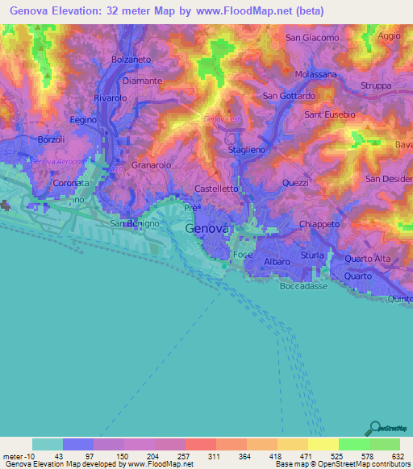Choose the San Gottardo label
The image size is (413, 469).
(x=289, y=97)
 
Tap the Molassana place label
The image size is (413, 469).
(x=315, y=74)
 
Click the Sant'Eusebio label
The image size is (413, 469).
(x=329, y=114)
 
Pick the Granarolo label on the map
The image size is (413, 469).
(x=152, y=164)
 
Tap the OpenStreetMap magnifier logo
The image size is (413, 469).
(x=375, y=427)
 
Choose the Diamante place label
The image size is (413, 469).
(x=142, y=81)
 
